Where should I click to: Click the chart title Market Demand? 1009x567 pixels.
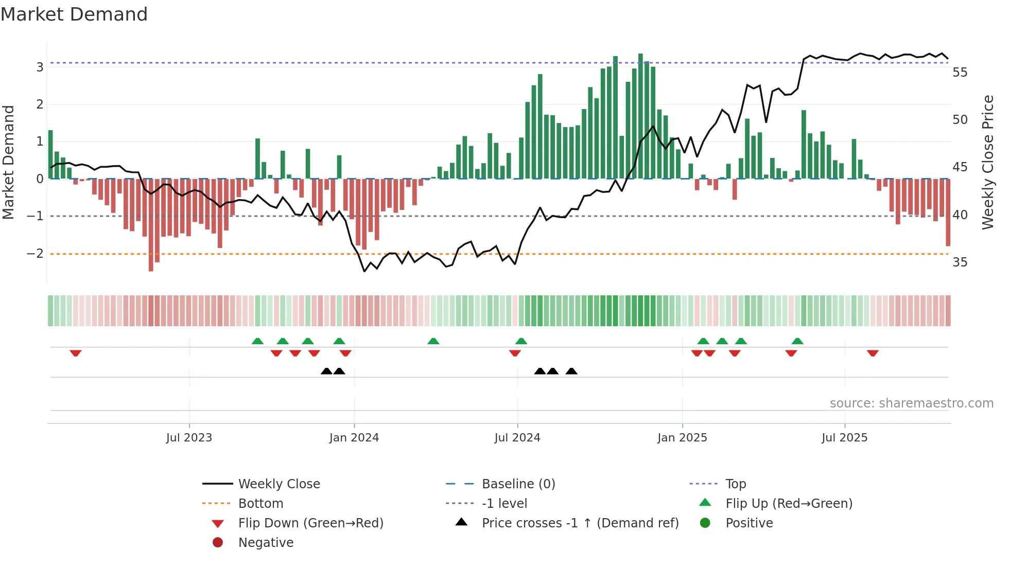point(74,14)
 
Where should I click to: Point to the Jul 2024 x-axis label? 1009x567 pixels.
point(517,438)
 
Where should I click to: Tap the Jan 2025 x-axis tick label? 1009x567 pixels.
point(682,438)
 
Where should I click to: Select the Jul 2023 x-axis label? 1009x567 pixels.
point(189,438)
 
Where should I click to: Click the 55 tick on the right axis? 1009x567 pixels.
point(960,73)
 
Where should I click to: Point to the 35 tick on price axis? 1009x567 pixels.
point(960,262)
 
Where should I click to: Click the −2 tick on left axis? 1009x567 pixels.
point(35,254)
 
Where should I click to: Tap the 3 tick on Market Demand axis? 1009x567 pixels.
point(40,67)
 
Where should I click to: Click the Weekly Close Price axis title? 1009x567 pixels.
point(987,162)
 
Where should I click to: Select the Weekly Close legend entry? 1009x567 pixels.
point(279,484)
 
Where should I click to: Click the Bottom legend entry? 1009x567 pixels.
point(260,504)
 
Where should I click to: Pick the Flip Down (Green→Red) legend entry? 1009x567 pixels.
point(310,523)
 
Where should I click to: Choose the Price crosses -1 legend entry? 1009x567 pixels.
point(580,523)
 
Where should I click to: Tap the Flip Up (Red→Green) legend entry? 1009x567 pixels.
point(789,504)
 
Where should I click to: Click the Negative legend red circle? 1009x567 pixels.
point(218,543)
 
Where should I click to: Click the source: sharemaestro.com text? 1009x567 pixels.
point(911,403)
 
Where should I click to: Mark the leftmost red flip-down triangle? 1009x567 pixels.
point(76,353)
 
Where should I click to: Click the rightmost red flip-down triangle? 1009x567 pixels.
point(873,353)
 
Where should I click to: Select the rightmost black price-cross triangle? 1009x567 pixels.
point(571,371)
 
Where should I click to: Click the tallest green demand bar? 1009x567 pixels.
point(640,116)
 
